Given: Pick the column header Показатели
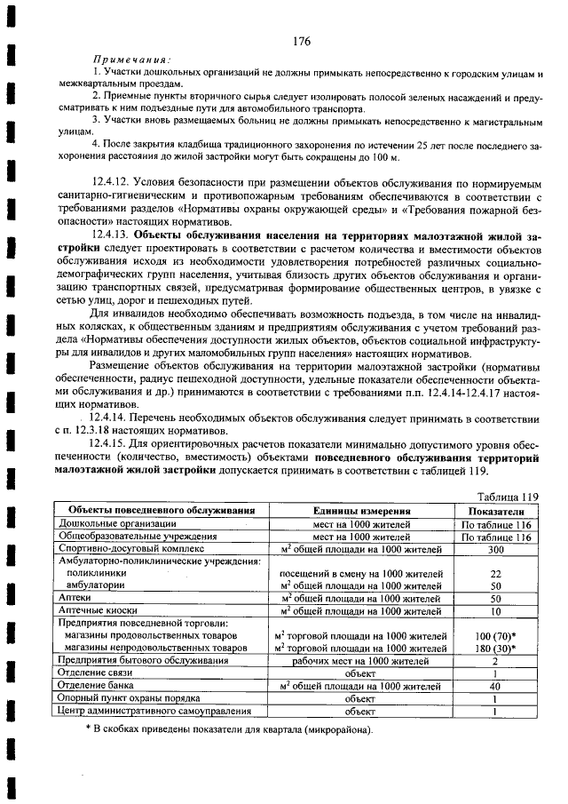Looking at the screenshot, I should coord(496,512).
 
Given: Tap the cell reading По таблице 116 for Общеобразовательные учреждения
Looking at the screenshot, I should coord(496,537).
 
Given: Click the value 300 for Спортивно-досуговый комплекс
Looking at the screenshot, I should coord(496,549).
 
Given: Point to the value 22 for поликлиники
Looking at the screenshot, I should coord(496,574).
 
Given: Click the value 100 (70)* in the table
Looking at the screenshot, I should coord(496,636).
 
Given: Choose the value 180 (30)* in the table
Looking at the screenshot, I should coord(496,649).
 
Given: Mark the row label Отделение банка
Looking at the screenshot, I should coord(99,686).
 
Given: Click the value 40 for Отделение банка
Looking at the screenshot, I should coord(496,686).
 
